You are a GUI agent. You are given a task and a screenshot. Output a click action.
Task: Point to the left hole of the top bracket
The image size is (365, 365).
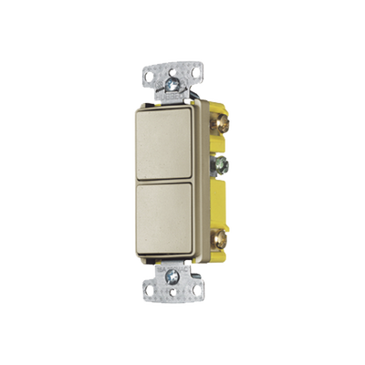tap(150, 70)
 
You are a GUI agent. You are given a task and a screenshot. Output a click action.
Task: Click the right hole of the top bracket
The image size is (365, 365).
tap(193, 71)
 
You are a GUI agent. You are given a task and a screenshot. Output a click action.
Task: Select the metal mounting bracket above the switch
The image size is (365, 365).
tap(171, 75)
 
